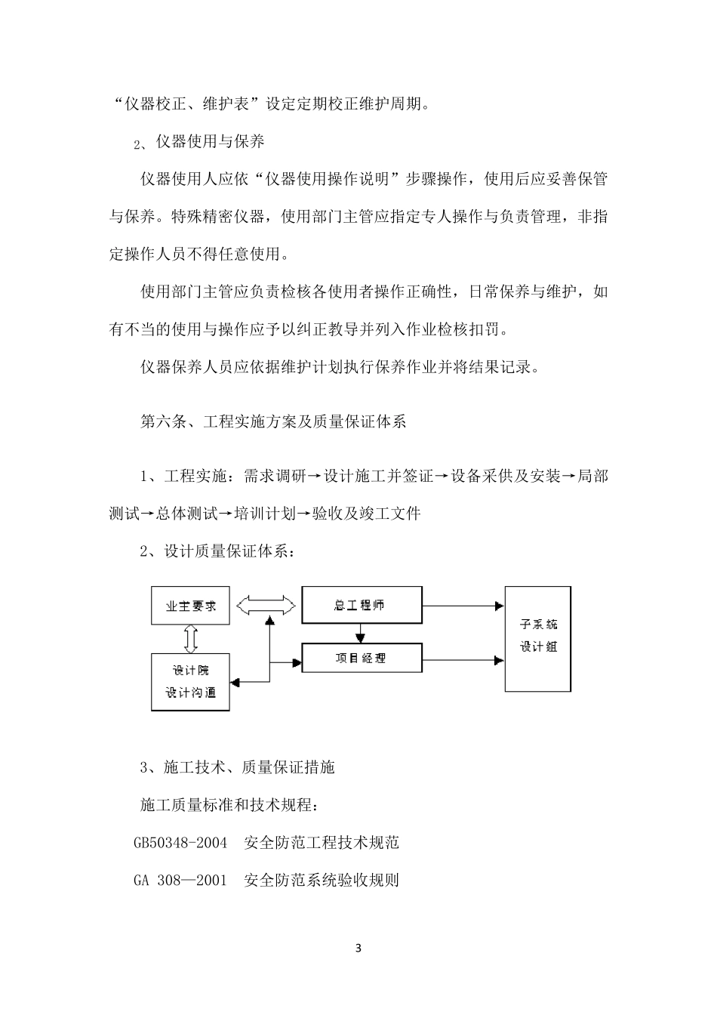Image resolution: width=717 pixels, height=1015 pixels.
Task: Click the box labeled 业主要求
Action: (190, 606)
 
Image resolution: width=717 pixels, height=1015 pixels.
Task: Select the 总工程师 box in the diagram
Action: (362, 604)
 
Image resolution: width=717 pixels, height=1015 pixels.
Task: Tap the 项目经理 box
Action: (362, 658)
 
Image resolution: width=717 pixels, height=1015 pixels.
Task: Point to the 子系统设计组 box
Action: (537, 639)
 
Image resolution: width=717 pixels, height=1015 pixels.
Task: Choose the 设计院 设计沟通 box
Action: (190, 682)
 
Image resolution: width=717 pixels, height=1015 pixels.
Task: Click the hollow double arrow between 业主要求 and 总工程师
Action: (266, 606)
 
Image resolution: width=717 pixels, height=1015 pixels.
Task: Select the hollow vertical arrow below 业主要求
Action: (191, 639)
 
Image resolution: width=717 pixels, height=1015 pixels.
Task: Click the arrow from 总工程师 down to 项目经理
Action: (360, 633)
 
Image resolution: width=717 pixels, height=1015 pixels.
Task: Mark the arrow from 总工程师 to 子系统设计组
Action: (463, 606)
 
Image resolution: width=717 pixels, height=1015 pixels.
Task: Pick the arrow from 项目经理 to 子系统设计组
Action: (463, 660)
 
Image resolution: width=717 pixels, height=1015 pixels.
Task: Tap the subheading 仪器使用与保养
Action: (210, 142)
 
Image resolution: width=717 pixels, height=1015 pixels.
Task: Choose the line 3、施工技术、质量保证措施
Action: (237, 767)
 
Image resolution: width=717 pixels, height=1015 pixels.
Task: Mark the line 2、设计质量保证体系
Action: (218, 551)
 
